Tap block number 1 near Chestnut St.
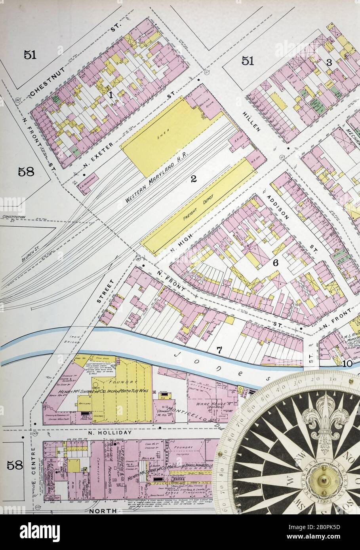[x=111, y=94]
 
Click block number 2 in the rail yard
[x=193, y=179]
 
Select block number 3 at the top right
[x=328, y=62]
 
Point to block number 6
[x=276, y=263]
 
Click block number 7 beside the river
[x=218, y=349]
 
